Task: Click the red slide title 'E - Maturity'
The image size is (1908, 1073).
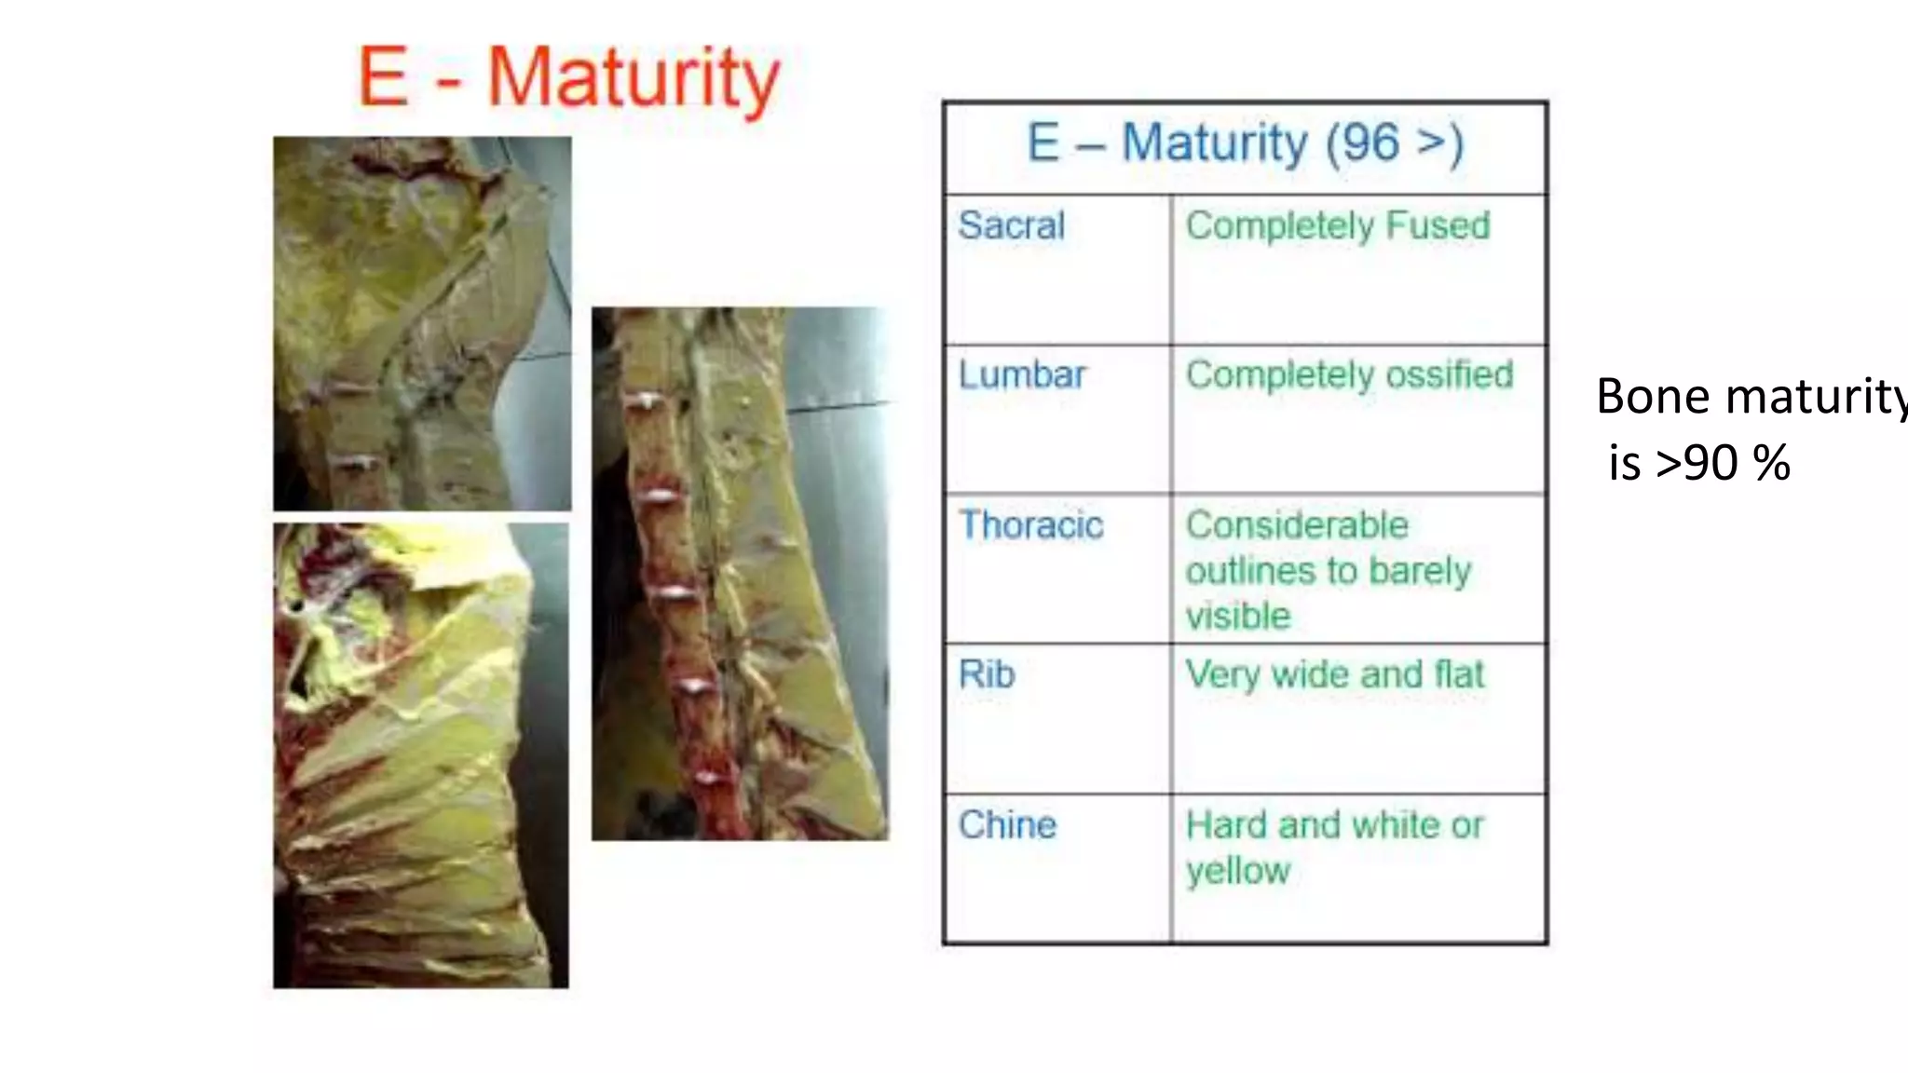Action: click(568, 78)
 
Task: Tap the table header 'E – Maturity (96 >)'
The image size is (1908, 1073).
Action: click(1245, 144)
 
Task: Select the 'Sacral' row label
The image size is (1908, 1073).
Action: click(1011, 225)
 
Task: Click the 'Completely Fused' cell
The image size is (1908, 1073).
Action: click(1338, 225)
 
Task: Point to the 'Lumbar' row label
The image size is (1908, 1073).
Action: click(1022, 374)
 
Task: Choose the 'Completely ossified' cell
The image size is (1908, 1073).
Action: click(1349, 374)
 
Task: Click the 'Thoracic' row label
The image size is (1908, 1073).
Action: click(1030, 525)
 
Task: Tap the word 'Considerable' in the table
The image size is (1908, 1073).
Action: click(1297, 525)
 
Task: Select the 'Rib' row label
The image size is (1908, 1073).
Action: click(986, 674)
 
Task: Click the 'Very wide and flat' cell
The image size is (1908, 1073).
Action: click(1334, 674)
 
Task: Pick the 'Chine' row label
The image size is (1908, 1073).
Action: click(1007, 825)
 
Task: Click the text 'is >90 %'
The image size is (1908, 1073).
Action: click(1698, 463)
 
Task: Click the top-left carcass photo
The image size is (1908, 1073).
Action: click(422, 323)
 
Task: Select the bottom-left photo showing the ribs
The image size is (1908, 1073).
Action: click(420, 755)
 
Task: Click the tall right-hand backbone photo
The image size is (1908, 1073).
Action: click(740, 574)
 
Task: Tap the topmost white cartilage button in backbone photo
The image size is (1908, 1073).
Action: click(645, 401)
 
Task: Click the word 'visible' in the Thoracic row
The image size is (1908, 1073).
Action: click(1237, 617)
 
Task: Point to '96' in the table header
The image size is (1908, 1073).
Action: click(1370, 144)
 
